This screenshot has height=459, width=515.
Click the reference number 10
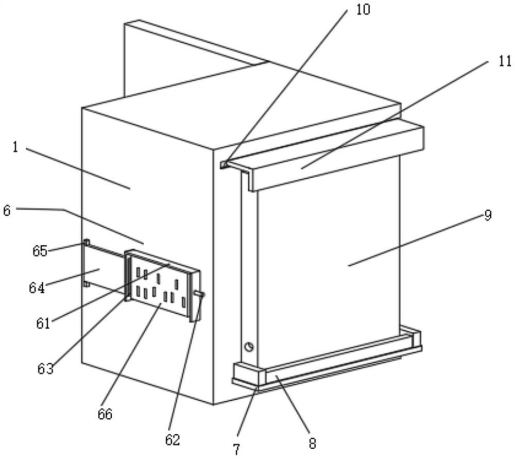coord(363,9)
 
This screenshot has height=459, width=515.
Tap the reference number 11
coord(505,61)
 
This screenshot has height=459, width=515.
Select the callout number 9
coord(488,215)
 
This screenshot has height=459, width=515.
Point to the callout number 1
coord(15,147)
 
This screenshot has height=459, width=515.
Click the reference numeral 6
coord(7,211)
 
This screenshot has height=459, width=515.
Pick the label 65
coord(40,251)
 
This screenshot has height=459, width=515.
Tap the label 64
coord(37,288)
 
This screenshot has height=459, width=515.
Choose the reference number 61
coord(43,324)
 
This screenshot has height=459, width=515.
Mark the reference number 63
coord(45,369)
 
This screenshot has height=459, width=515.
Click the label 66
coord(105,414)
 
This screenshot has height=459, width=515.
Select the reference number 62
coord(173,439)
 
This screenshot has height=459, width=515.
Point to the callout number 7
coord(236,450)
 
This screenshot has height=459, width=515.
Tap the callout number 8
coord(313,444)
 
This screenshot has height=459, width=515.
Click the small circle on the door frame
coord(249,347)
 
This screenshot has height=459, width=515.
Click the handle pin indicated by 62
coord(199,294)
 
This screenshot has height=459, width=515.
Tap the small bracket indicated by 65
coord(87,243)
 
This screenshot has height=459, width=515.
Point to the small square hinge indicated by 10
coord(224,164)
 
